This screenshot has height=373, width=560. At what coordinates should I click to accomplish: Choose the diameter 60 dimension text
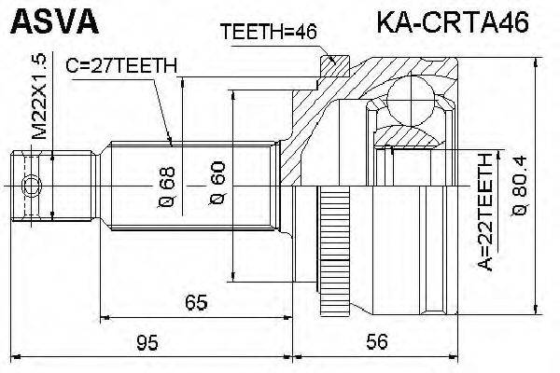(x=217, y=186)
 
